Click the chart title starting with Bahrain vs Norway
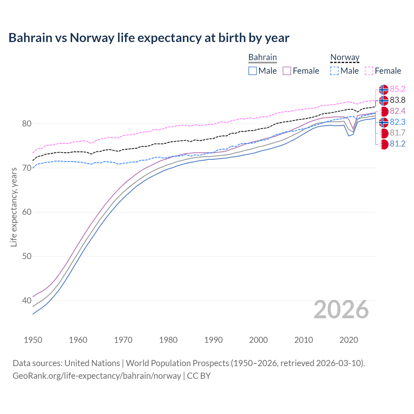pyautogui.click(x=149, y=38)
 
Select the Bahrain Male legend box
pyautogui.click(x=253, y=71)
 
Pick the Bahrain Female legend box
pyautogui.click(x=287, y=71)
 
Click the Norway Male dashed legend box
pyautogui.click(x=334, y=71)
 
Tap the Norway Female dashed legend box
pyautogui.click(x=369, y=71)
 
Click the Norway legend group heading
pyautogui.click(x=345, y=58)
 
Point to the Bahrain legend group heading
pyautogui.click(x=262, y=58)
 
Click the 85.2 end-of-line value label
pyautogui.click(x=398, y=89)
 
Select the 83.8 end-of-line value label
pyautogui.click(x=398, y=100)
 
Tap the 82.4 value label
pyautogui.click(x=398, y=111)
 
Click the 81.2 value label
pyautogui.click(x=398, y=144)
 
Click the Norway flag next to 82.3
pyautogui.click(x=384, y=122)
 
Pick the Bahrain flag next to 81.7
pyautogui.click(x=384, y=133)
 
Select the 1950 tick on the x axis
pyautogui.click(x=33, y=340)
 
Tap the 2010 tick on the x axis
pyautogui.click(x=303, y=340)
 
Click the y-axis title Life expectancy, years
pyautogui.click(x=14, y=207)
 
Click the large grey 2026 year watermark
pyautogui.click(x=341, y=310)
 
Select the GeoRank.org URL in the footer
pyautogui.click(x=97, y=376)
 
